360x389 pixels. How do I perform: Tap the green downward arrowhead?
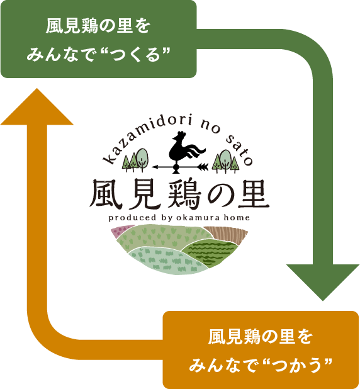[322, 281]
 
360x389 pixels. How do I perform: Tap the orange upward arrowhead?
[37, 106]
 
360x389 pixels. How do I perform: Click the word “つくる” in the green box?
[135, 55]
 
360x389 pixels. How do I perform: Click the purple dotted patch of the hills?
[121, 231]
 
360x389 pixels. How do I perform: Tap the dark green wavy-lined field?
[211, 253]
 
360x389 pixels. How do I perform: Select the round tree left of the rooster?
[142, 159]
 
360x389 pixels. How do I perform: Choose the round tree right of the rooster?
[225, 160]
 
